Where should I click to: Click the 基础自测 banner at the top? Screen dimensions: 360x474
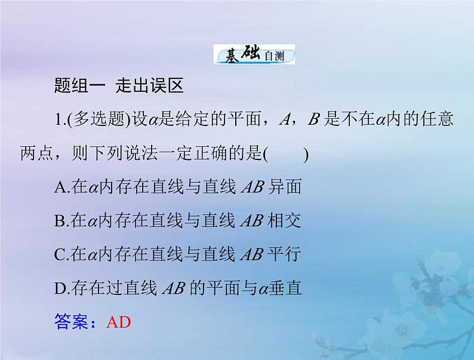point(254,56)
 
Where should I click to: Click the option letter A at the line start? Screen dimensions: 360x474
point(59,187)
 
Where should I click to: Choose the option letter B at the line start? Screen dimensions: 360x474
point(59,221)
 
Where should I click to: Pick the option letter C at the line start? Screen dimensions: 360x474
point(59,256)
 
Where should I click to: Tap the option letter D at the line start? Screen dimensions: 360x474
point(59,290)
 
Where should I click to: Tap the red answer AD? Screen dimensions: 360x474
point(118,322)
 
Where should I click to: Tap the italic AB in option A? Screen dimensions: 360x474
point(251,187)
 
